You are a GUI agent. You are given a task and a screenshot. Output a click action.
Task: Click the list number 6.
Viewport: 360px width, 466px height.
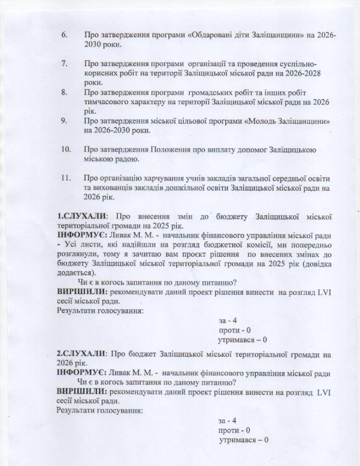64,35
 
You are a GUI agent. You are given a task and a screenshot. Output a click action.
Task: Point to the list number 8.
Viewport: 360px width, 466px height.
64,92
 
